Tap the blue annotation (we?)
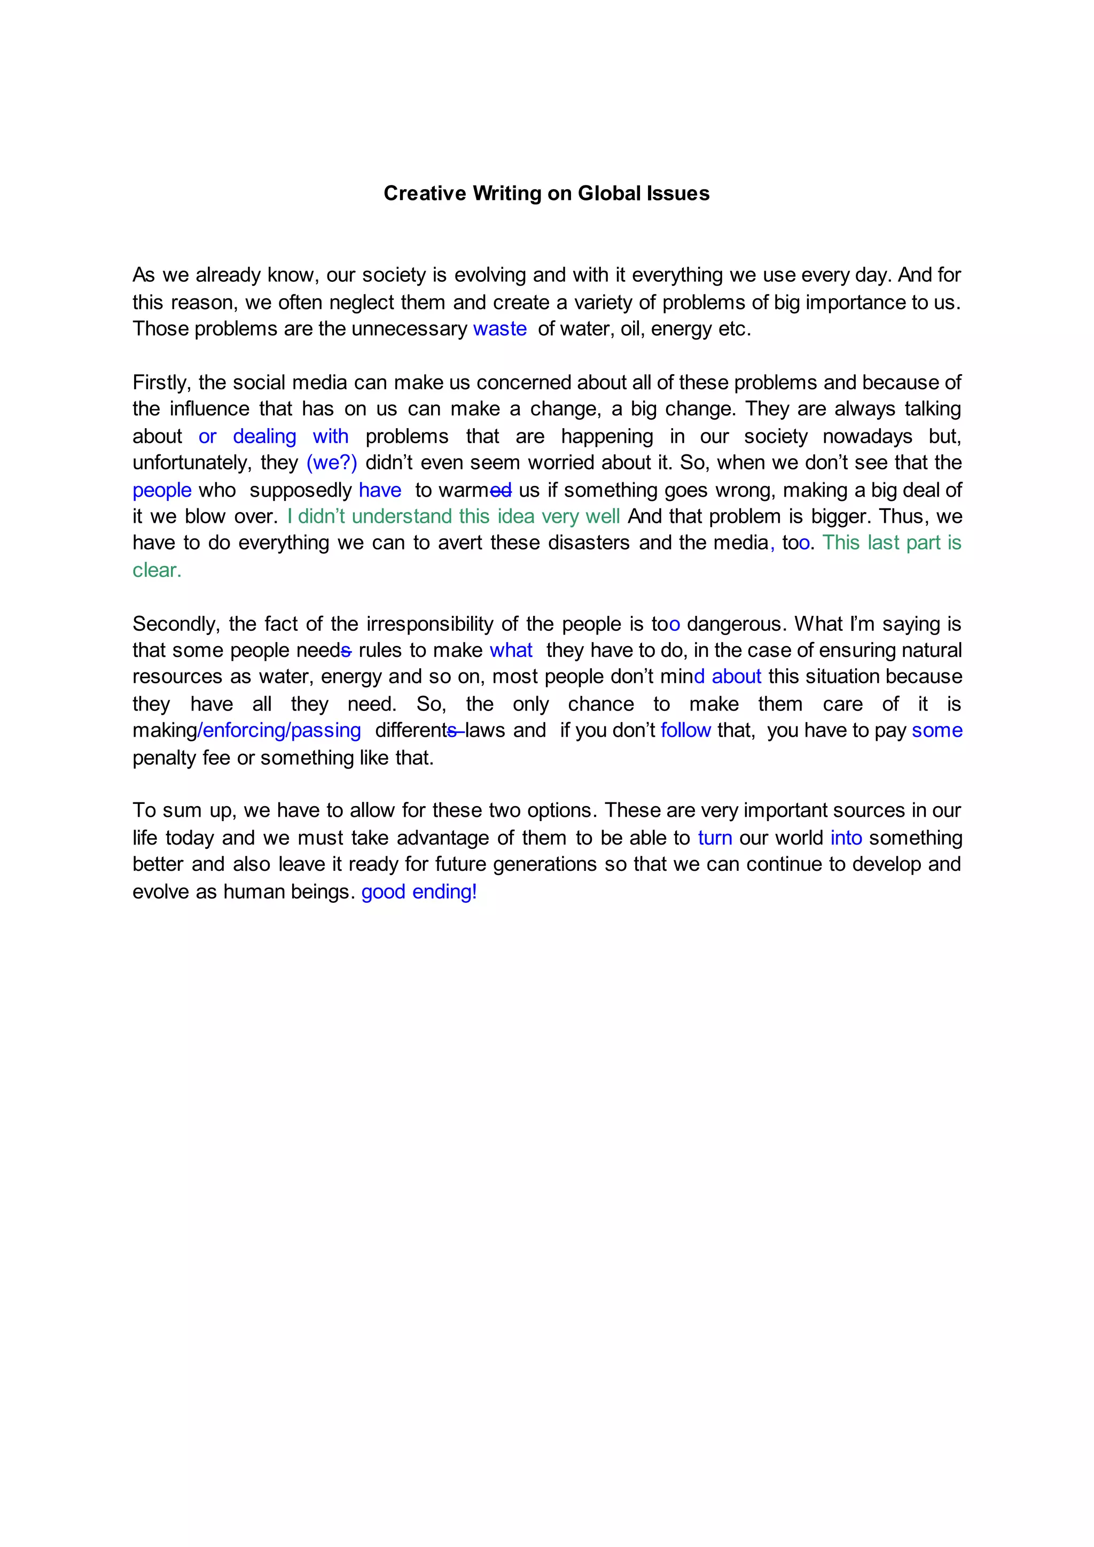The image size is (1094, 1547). pyautogui.click(x=331, y=463)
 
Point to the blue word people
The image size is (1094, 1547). pyautogui.click(x=162, y=490)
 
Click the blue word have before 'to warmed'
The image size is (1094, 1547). pyautogui.click(x=380, y=490)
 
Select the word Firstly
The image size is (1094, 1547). pyautogui.click(x=162, y=383)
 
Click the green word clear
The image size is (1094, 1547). pyautogui.click(x=157, y=570)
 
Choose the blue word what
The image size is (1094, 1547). pyautogui.click(x=511, y=651)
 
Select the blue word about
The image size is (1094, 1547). pyautogui.click(x=736, y=677)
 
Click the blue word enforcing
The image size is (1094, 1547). pyautogui.click(x=244, y=731)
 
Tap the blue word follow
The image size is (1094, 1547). pyautogui.click(x=685, y=731)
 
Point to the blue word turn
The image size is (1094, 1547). pyautogui.click(x=715, y=838)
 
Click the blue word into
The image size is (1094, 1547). pyautogui.click(x=846, y=838)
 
